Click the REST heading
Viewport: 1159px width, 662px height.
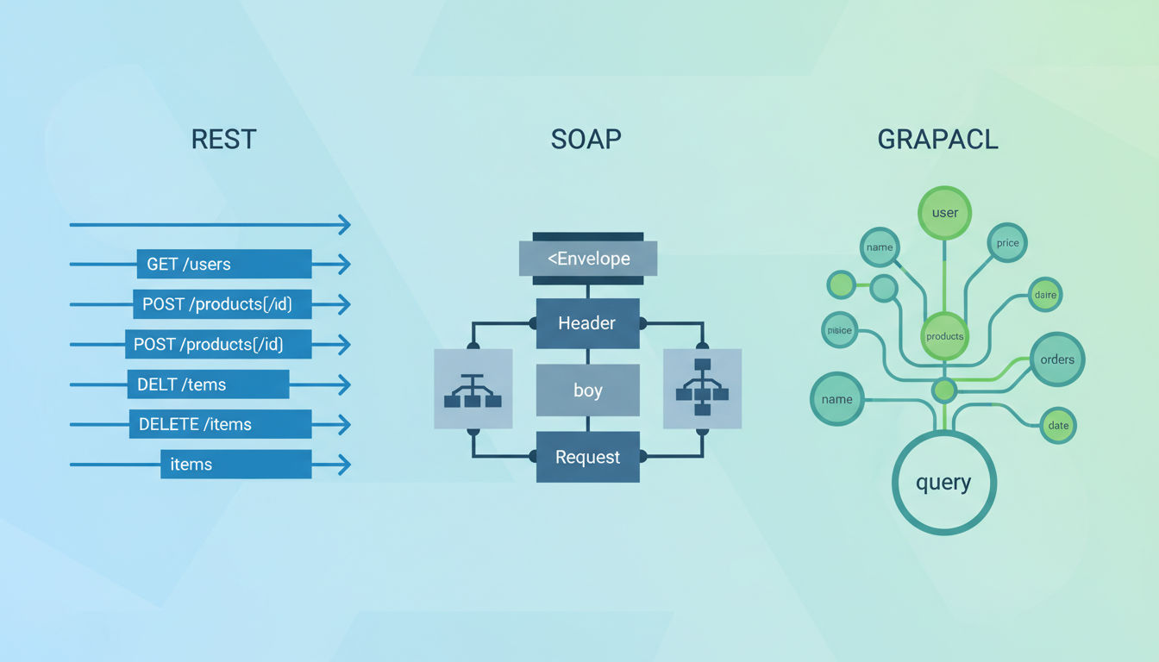(223, 139)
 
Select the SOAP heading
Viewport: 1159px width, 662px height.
(586, 139)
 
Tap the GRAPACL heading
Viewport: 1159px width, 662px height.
(937, 139)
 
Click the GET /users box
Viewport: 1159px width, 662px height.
(223, 264)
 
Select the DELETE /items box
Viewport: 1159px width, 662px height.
(220, 424)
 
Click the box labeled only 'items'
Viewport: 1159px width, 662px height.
(235, 464)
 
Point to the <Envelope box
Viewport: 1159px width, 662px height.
(588, 259)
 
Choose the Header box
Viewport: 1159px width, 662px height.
(587, 323)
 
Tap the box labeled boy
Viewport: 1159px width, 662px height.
(587, 390)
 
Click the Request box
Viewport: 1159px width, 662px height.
(587, 457)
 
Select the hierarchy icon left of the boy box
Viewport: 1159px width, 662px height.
(473, 390)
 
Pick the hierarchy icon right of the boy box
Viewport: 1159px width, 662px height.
(702, 390)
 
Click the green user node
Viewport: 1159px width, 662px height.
(945, 212)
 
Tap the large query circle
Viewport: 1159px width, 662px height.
(943, 483)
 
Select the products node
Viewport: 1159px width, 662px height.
(945, 336)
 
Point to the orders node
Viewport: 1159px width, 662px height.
(1057, 359)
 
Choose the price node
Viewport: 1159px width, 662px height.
(1007, 243)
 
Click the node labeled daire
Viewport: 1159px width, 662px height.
(1044, 295)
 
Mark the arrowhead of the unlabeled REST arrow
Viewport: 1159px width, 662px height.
(344, 225)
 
